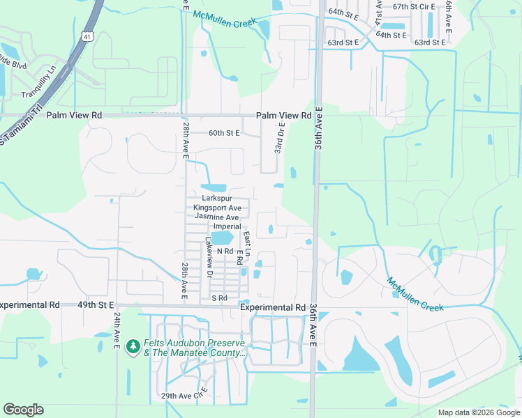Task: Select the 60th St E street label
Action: [224, 132]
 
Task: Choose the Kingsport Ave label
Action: [217, 208]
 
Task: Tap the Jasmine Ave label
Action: [217, 217]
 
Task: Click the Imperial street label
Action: [227, 226]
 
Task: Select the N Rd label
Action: [224, 251]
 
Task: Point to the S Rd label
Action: [220, 298]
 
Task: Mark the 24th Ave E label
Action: [117, 327]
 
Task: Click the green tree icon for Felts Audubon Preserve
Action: [133, 346]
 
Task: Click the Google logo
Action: [24, 410]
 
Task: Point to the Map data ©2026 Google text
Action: [478, 412]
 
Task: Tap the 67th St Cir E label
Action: [413, 6]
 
